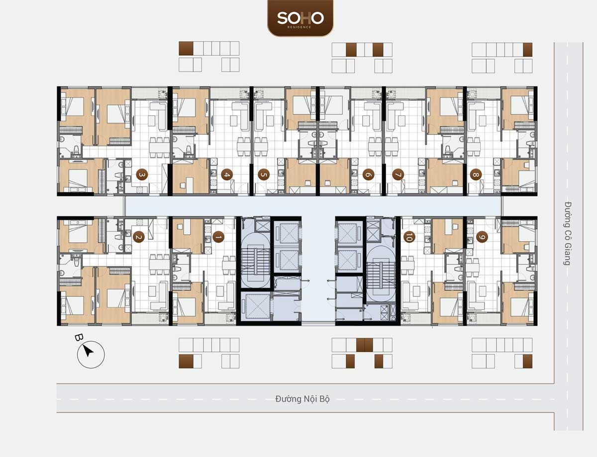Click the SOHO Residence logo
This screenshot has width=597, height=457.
click(x=300, y=18)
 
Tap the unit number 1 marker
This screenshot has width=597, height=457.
click(x=218, y=237)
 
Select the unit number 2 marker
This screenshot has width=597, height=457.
click(x=138, y=237)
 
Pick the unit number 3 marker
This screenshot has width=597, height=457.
click(x=142, y=175)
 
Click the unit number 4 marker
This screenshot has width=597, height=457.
click(x=227, y=175)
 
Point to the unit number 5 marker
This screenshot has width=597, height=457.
click(x=264, y=175)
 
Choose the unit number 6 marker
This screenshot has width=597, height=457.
click(x=368, y=175)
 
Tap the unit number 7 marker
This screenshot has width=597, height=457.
click(x=398, y=175)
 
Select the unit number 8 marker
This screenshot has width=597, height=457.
click(x=476, y=175)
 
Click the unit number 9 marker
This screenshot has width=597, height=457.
click(x=482, y=237)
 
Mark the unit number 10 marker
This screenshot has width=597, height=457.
click(x=409, y=237)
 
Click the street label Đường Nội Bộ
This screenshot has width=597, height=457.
click(x=302, y=399)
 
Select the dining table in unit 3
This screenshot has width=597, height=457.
click(x=159, y=148)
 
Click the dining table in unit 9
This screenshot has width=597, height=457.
click(x=473, y=266)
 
